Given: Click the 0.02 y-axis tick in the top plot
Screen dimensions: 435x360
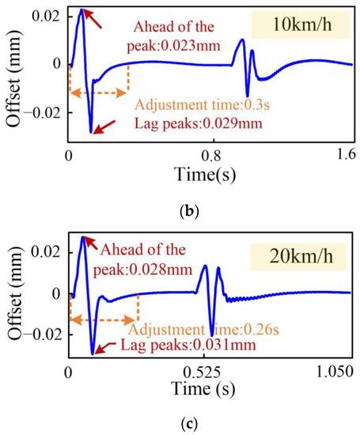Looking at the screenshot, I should pos(47,17).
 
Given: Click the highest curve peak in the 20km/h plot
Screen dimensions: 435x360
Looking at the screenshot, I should pos(84,236).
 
